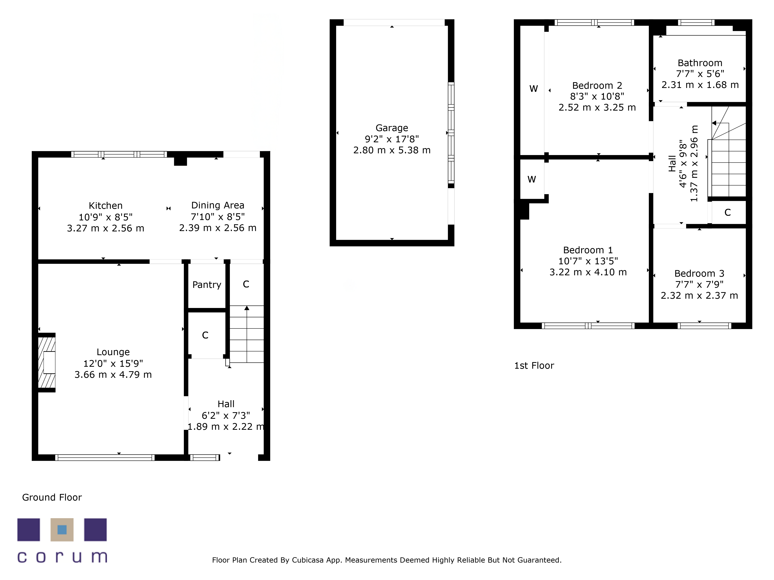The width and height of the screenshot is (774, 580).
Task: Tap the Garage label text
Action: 392,128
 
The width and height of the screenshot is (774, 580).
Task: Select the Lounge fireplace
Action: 47,362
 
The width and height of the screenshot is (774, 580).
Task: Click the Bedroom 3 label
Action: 699,273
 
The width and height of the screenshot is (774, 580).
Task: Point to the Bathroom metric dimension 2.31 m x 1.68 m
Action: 700,85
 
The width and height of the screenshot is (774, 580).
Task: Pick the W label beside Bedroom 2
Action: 533,89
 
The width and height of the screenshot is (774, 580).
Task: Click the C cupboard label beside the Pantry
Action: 246,284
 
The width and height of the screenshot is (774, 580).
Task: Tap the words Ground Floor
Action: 52,497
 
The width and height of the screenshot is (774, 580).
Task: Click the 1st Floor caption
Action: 534,366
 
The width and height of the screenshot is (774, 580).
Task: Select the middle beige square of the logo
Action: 62,530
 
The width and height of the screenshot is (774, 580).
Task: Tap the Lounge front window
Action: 105,458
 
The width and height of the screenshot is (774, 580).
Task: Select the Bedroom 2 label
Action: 597,86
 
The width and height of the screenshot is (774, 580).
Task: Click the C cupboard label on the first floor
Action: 727,212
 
